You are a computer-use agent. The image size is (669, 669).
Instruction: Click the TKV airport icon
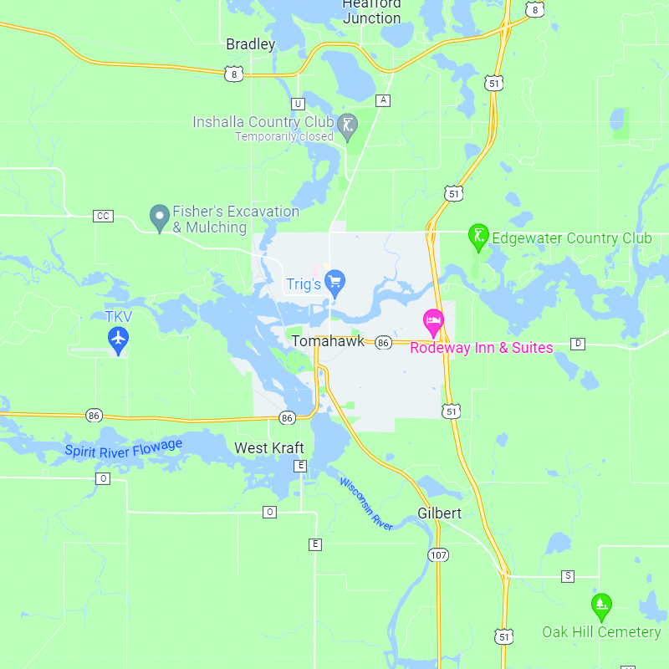(119, 339)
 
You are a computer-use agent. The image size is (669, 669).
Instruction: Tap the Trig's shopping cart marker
(335, 282)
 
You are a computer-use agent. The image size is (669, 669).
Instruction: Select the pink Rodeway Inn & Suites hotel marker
(433, 321)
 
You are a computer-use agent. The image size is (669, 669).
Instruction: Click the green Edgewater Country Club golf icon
(477, 237)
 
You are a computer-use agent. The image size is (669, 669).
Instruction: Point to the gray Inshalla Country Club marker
(348, 126)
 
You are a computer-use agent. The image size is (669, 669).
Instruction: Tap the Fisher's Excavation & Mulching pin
(159, 217)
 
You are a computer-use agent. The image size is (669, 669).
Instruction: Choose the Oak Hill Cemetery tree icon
(600, 605)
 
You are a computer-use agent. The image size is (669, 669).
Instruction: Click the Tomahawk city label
(328, 341)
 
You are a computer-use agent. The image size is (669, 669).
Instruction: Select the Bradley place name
(250, 44)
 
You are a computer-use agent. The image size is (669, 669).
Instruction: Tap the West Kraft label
(269, 448)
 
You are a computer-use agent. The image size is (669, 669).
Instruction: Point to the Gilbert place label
(440, 513)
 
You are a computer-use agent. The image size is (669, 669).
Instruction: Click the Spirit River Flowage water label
(124, 449)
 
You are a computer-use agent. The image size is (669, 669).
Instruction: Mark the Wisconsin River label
(366, 503)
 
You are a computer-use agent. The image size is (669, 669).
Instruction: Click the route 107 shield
(438, 554)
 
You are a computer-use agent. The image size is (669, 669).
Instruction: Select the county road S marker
(568, 576)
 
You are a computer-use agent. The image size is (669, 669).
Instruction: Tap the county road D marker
(577, 344)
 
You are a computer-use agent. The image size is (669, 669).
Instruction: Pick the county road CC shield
(103, 216)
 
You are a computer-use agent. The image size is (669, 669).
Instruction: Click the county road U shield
(298, 104)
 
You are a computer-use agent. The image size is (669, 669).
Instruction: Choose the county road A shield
(383, 100)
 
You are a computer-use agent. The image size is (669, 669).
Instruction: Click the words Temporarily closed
(284, 136)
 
